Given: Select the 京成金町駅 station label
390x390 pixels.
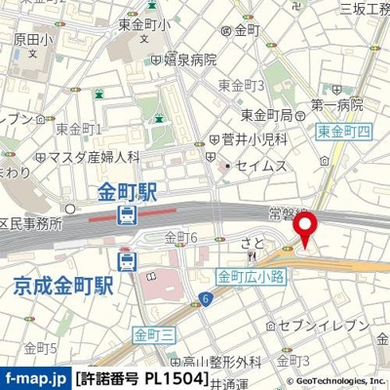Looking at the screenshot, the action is point(64,286).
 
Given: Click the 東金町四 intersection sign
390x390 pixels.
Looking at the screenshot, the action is point(343,129).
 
